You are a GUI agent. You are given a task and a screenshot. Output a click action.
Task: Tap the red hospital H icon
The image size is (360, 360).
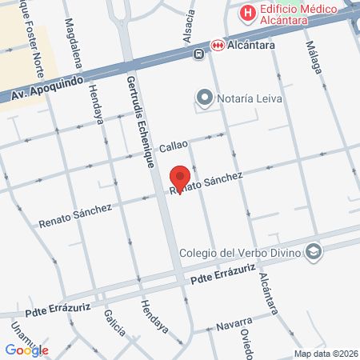(x=248, y=14)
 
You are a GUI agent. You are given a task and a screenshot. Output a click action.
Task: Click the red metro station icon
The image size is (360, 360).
(x=217, y=46)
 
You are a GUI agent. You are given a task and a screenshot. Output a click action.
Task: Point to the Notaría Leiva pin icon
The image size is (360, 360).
(x=204, y=98)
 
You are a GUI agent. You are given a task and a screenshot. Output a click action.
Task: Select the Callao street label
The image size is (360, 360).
(x=173, y=146)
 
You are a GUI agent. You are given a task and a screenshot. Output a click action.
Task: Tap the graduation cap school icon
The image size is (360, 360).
(x=314, y=253)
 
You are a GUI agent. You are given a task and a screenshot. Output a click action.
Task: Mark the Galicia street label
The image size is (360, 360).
(x=115, y=325)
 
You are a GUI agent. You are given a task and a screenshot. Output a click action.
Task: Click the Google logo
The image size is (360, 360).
(x=26, y=350)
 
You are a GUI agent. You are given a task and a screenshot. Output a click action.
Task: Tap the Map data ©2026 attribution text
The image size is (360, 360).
(x=325, y=354)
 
